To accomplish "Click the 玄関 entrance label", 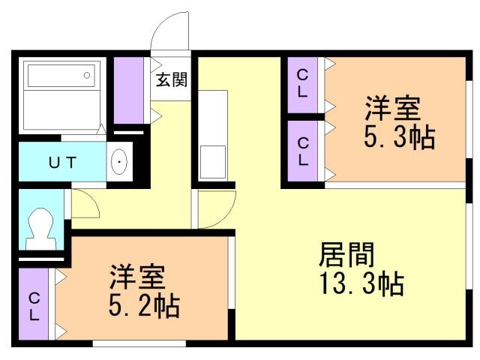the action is pyautogui.click(x=172, y=79).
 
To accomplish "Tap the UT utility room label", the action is pyautogui.click(x=62, y=162).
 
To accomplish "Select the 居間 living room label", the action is pyautogui.click(x=346, y=255).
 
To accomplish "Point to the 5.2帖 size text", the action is pyautogui.click(x=144, y=305).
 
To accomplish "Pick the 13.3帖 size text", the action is pyautogui.click(x=361, y=283).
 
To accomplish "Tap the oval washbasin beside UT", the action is pyautogui.click(x=119, y=161).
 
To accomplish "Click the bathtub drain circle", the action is pyautogui.click(x=87, y=75).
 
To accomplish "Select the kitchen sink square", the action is pyautogui.click(x=212, y=162).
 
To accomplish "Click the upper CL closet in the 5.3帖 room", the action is pyautogui.click(x=303, y=85).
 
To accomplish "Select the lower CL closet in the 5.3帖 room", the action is pyautogui.click(x=303, y=151).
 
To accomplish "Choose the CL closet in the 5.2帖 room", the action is pyautogui.click(x=34, y=304).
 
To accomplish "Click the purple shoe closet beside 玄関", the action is pyautogui.click(x=129, y=90).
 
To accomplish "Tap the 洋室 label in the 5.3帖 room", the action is pyautogui.click(x=392, y=108).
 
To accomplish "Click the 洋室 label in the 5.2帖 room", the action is pyautogui.click(x=138, y=277).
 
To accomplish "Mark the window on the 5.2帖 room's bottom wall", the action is pyautogui.click(x=139, y=343).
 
